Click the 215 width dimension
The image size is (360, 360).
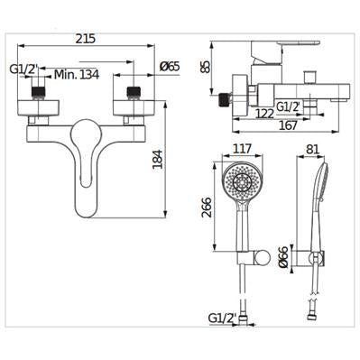click(85, 39)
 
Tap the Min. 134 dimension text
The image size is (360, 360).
click(77, 74)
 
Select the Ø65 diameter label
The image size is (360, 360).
click(170, 66)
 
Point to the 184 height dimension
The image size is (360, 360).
click(158, 160)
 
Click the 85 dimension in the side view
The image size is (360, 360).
click(206, 67)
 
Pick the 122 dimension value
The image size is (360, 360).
click(265, 114)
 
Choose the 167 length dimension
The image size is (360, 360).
click(288, 125)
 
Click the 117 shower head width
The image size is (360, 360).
click(242, 149)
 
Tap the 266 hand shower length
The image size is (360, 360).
click(207, 208)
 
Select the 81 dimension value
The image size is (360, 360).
click(312, 149)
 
